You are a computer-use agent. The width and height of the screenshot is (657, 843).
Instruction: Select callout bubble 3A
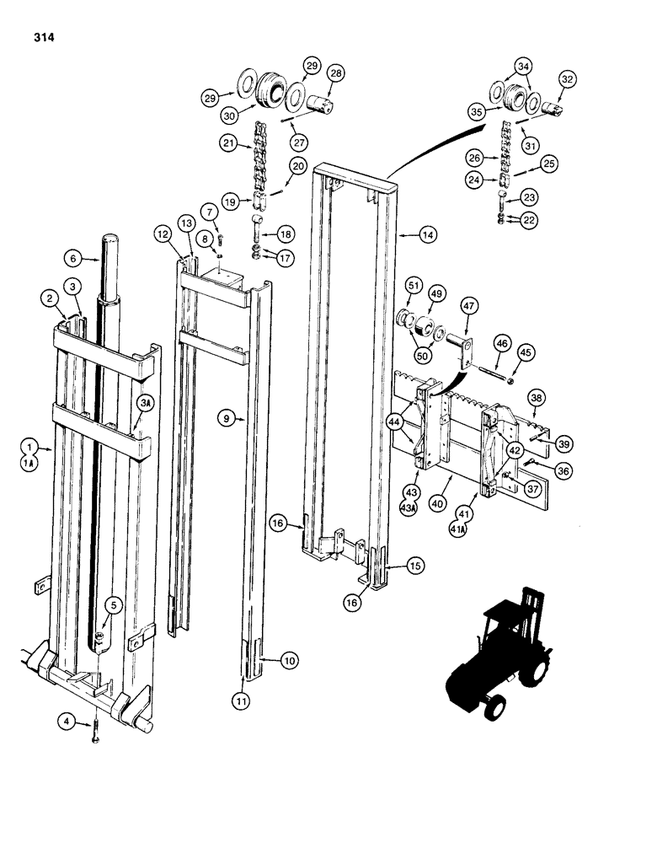click(x=146, y=405)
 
